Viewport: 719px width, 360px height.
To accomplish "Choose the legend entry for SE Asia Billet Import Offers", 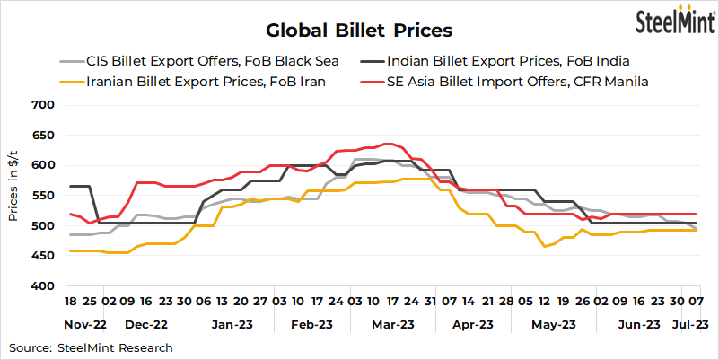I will (x=517, y=82).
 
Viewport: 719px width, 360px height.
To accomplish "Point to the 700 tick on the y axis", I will (x=44, y=105).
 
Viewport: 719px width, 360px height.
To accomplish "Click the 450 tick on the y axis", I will (x=44, y=257).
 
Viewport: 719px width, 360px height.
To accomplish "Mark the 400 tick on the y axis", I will (x=44, y=286).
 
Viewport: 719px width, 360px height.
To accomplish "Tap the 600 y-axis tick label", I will (x=44, y=166).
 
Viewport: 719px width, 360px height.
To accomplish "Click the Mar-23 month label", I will (x=392, y=323).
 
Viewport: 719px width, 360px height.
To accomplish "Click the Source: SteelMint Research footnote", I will (x=91, y=347).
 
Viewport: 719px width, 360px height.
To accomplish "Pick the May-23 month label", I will (x=554, y=323).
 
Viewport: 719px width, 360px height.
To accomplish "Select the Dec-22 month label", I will (x=147, y=323).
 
